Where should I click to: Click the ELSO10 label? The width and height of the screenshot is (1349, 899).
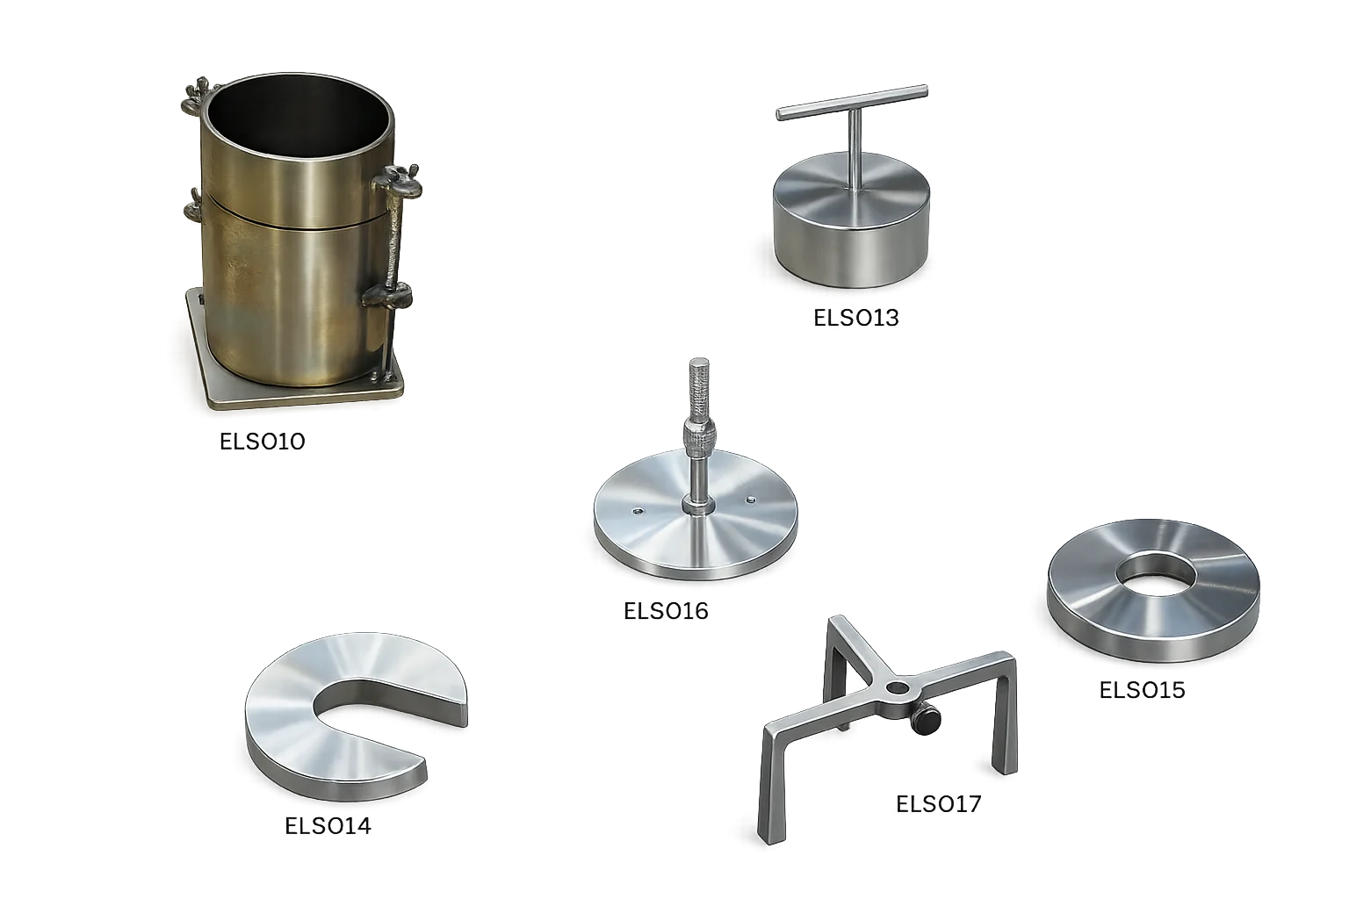point(262,442)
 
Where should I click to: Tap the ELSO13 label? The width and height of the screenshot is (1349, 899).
point(855,317)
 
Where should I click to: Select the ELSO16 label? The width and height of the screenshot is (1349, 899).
point(666,610)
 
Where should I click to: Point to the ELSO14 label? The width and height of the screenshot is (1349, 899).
point(328,825)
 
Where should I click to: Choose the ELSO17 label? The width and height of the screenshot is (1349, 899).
point(938,804)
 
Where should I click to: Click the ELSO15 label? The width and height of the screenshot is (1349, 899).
point(1142,689)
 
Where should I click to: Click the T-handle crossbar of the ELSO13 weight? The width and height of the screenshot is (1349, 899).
point(852,103)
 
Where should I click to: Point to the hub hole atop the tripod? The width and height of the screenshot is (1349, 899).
point(898,687)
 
